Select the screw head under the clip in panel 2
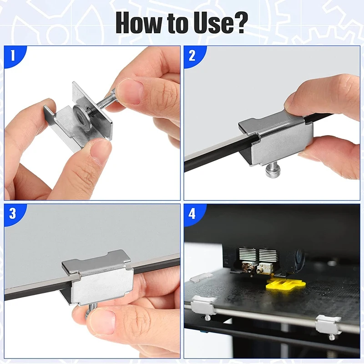(x=272, y=171)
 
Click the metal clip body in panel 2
(x=277, y=137)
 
